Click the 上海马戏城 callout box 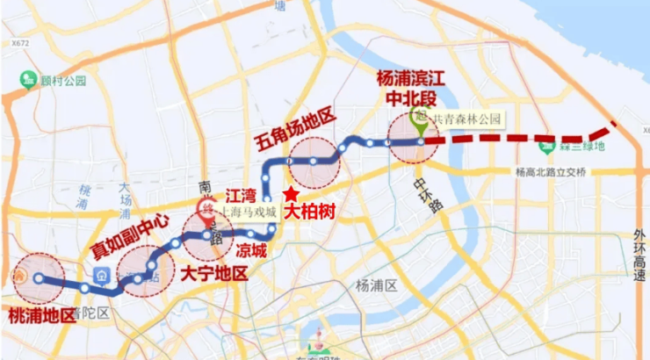247,212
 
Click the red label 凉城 246,251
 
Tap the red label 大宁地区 213,273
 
